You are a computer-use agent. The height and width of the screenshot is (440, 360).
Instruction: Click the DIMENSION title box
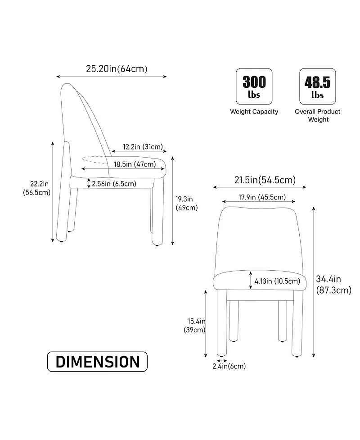(x=98, y=362)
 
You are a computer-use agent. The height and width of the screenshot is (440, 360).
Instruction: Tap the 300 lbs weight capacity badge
(x=254, y=86)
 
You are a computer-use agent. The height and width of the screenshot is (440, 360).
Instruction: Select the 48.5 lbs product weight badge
(x=317, y=86)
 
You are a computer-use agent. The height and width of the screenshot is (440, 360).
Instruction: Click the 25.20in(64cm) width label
(x=117, y=69)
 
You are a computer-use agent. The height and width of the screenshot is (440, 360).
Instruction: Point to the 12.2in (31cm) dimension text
(x=143, y=147)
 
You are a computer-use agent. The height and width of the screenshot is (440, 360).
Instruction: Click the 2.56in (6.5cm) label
(x=114, y=183)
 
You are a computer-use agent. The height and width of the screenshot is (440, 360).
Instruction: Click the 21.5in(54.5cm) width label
(x=265, y=180)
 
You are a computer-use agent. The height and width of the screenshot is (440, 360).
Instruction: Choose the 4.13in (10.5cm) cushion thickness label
(x=277, y=281)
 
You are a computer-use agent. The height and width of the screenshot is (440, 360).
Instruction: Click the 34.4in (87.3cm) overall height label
(x=333, y=285)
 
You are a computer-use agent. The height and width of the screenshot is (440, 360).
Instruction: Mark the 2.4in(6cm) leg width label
(x=229, y=366)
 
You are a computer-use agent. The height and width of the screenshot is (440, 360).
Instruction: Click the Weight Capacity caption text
(x=254, y=112)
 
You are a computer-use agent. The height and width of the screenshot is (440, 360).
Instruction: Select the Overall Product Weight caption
(x=318, y=115)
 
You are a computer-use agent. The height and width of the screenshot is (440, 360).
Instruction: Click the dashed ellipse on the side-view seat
(x=95, y=158)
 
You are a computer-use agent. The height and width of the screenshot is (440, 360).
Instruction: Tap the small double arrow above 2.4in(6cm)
(x=221, y=360)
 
